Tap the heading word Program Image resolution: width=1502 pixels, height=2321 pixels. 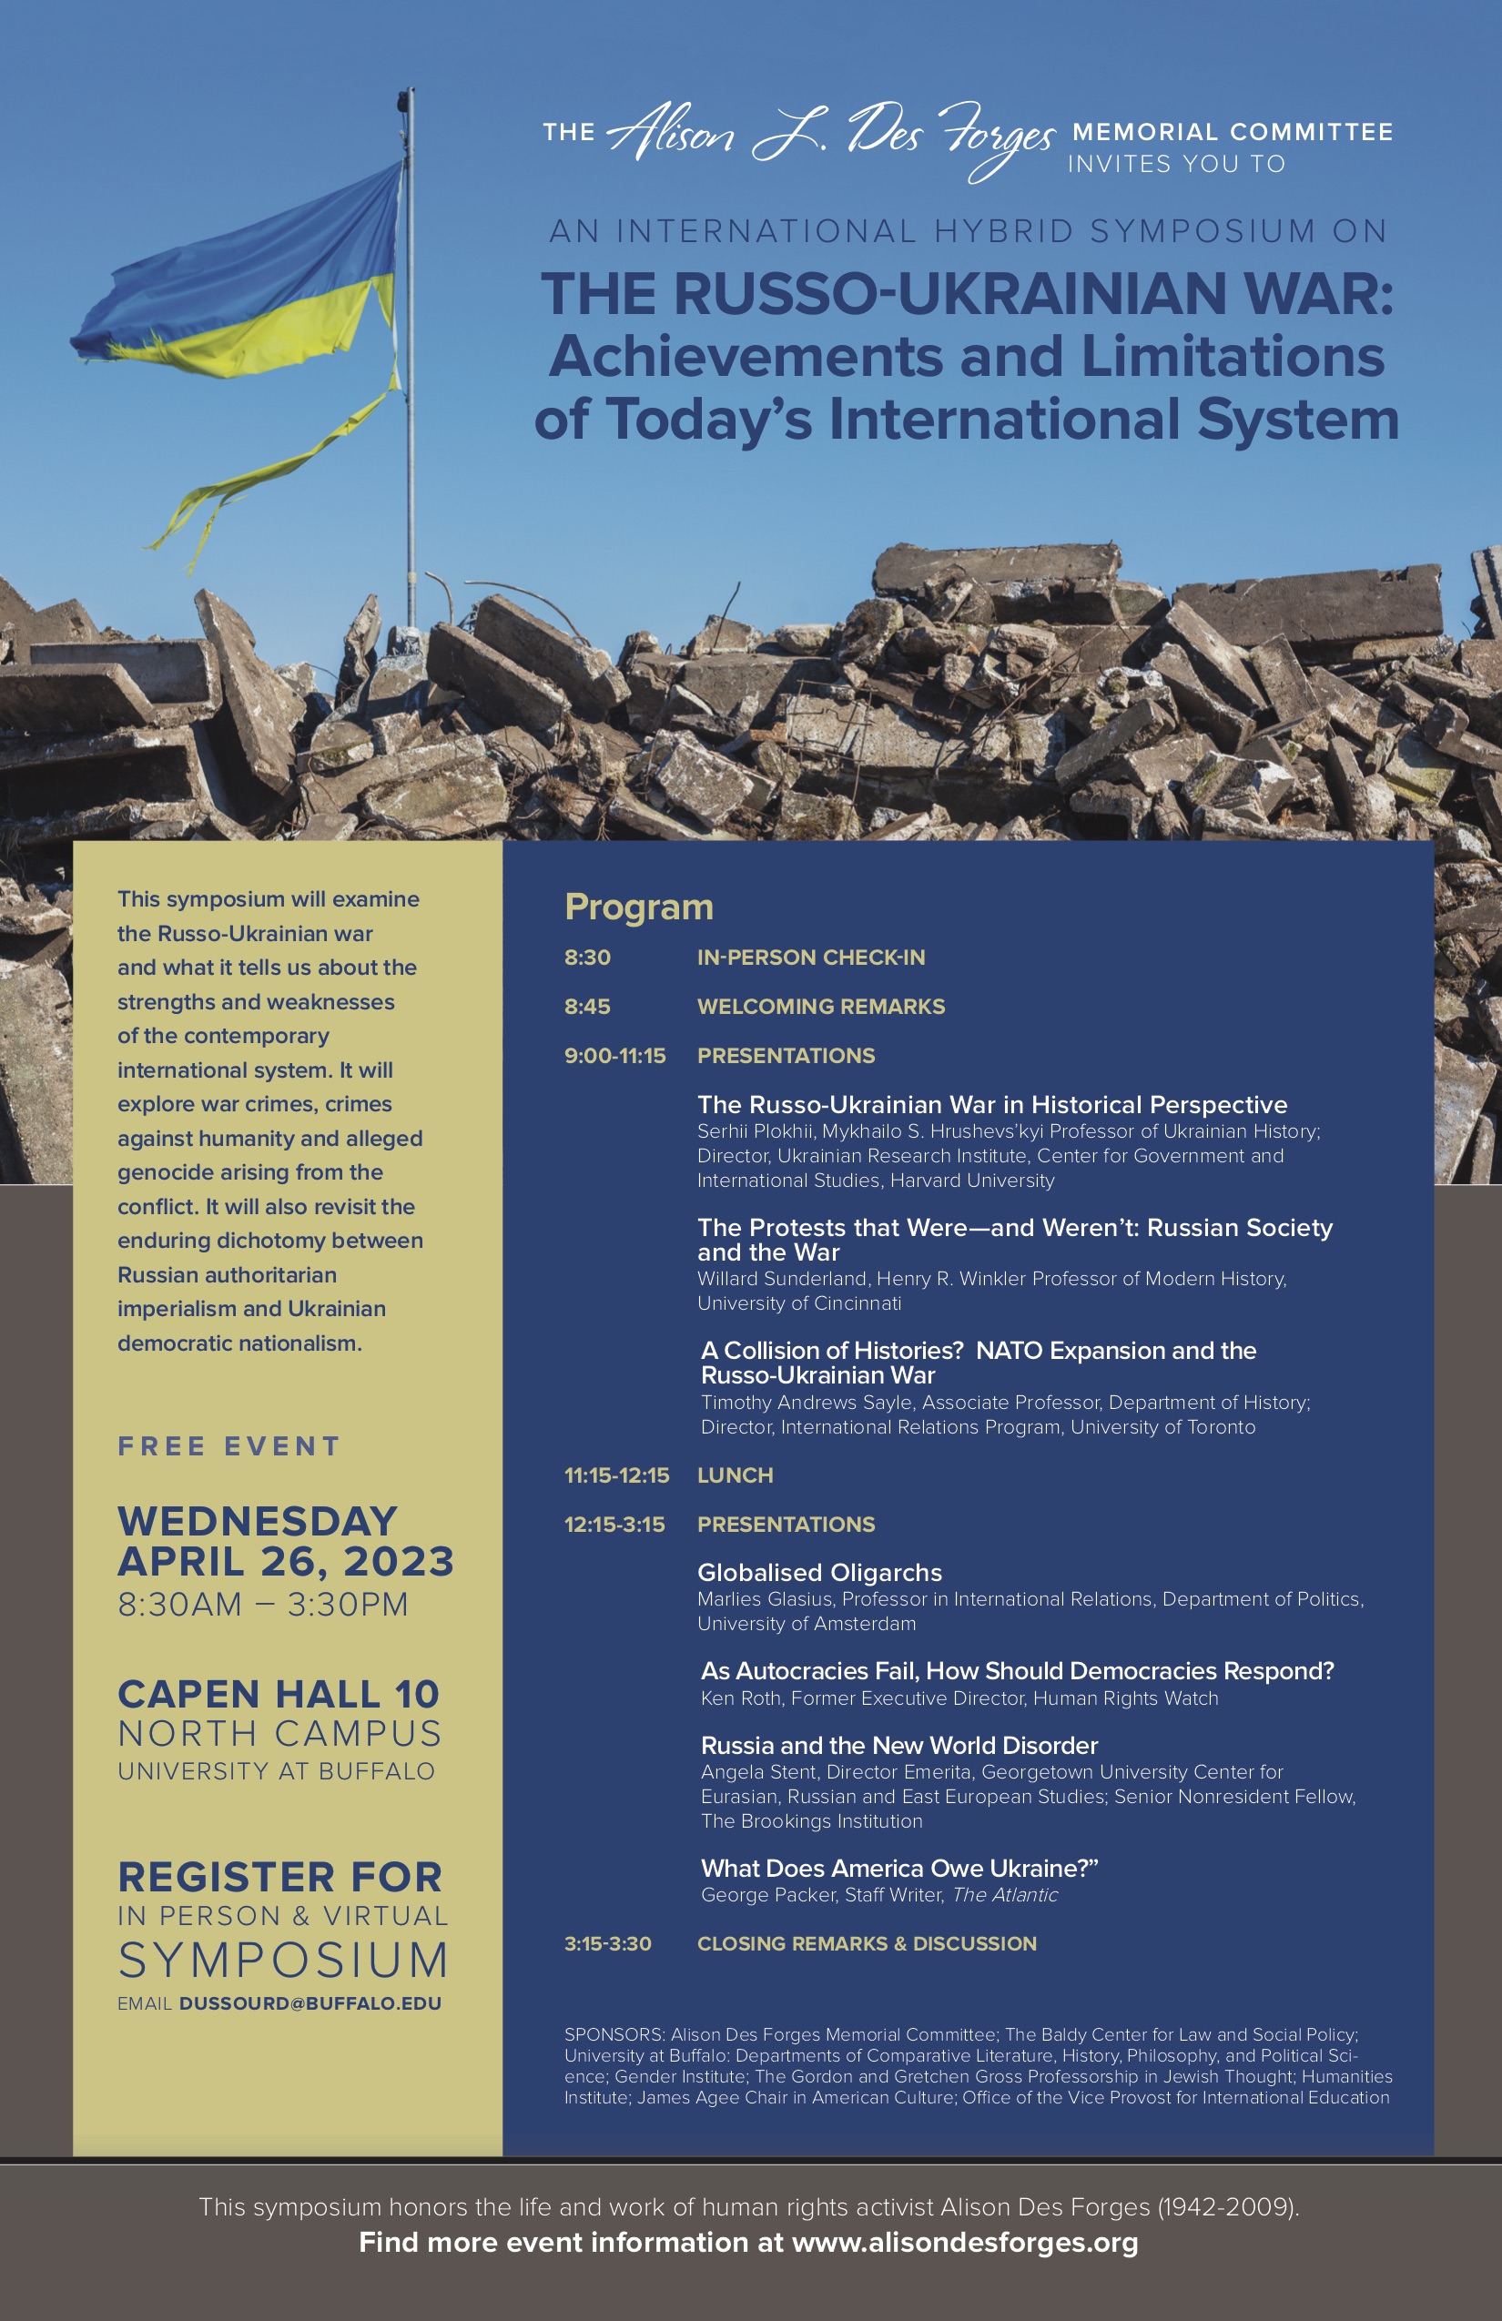[x=639, y=907]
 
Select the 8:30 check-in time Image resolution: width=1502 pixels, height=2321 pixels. [x=587, y=958]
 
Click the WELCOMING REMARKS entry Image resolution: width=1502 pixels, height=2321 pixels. [x=820, y=1007]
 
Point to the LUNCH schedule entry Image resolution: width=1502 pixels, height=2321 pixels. [x=735, y=1475]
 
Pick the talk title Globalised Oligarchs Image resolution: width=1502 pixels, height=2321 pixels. [x=819, y=1572]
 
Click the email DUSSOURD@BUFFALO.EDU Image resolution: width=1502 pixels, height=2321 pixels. [x=310, y=2003]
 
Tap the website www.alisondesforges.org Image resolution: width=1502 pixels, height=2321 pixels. [x=965, y=2242]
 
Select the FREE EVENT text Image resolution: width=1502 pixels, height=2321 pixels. [x=229, y=1446]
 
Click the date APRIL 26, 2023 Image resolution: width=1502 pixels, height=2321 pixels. [x=286, y=1561]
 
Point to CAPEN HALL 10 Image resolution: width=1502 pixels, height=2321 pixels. [x=278, y=1694]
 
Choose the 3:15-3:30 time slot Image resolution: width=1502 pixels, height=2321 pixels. [x=608, y=1943]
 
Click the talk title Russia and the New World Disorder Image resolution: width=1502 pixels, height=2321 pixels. [x=898, y=1745]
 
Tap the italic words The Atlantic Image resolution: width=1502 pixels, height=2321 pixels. [x=1005, y=1895]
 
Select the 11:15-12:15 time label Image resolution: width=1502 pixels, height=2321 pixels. [x=616, y=1475]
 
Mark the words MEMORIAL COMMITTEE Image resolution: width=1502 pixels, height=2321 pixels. [x=1232, y=132]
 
